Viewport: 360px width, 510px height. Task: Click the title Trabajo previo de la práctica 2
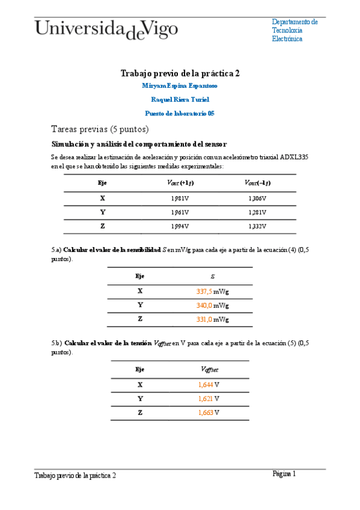180,73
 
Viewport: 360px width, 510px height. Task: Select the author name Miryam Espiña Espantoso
180,86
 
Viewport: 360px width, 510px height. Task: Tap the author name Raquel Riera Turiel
180,99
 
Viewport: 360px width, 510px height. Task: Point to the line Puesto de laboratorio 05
180,113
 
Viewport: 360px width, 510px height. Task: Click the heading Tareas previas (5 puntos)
100,129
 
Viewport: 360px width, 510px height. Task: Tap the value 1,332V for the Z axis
257,226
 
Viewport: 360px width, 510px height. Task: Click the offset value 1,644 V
209,384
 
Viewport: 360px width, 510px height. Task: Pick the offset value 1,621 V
209,398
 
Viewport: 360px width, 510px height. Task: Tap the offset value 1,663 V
209,413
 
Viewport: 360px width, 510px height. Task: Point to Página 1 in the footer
284,474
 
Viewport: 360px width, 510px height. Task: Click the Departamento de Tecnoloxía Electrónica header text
294,30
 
